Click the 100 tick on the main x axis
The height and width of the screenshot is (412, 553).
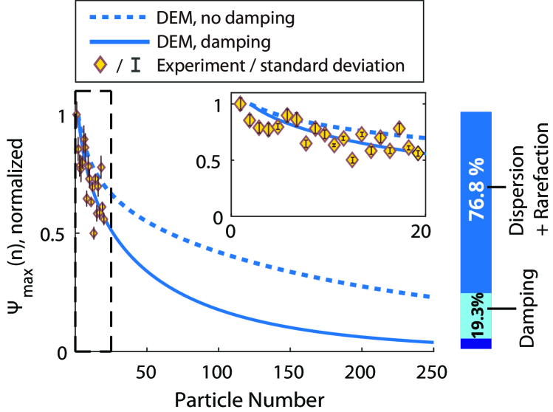point(218,368)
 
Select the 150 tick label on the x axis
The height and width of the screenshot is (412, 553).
point(289,368)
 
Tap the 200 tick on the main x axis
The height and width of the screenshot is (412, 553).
point(361,368)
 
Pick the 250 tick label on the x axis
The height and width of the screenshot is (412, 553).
point(433,368)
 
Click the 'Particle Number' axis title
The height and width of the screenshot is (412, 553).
point(250,399)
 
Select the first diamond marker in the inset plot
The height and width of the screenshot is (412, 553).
point(239,103)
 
